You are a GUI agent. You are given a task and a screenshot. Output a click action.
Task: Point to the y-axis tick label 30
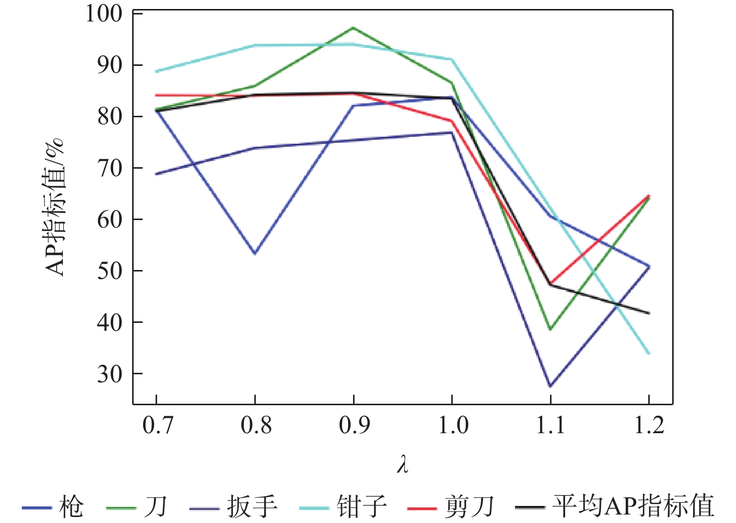[x=110, y=374]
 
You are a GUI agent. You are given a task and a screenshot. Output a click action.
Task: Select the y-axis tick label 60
[x=110, y=220]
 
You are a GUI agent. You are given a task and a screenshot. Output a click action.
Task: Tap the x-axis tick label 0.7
[x=157, y=426]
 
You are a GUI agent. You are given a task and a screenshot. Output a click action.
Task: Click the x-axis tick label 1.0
[x=453, y=426]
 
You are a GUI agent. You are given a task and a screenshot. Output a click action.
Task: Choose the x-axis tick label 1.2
[x=649, y=426]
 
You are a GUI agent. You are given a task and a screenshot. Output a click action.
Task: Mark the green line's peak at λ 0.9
[x=354, y=28]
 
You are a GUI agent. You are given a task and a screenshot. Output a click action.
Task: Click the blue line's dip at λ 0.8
[x=255, y=254]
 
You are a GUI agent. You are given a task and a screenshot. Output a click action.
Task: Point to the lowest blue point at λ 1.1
[x=551, y=386]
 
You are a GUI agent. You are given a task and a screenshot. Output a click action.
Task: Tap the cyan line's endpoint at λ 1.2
[x=649, y=353]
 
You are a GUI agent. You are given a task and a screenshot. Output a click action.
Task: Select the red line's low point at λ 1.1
[x=551, y=283]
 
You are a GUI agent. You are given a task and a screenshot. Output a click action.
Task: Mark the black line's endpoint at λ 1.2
[x=649, y=313]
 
